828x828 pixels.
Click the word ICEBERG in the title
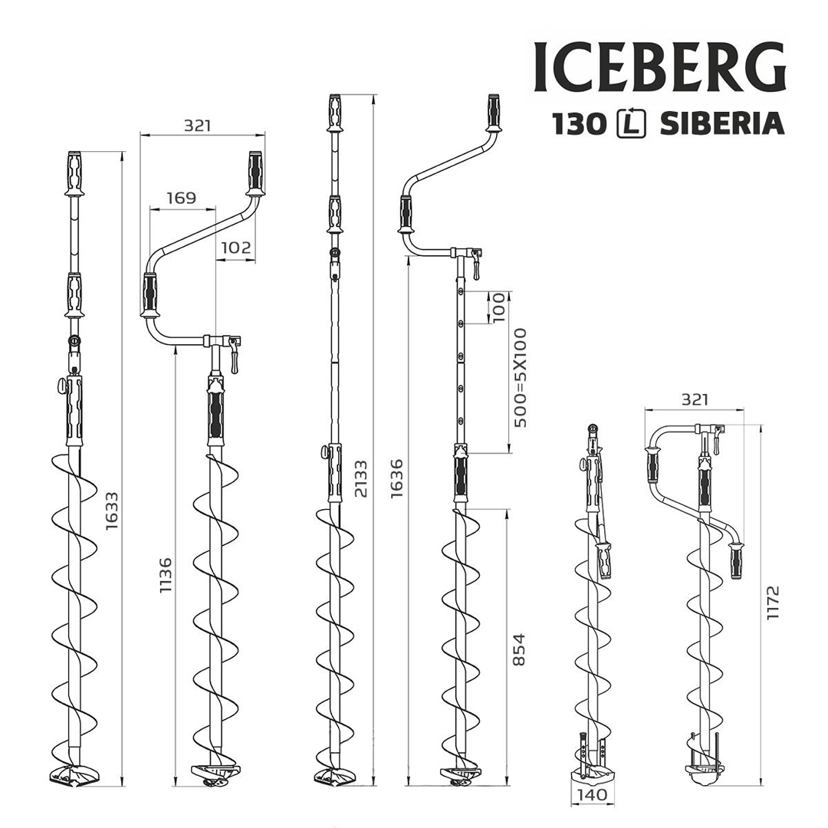point(659,67)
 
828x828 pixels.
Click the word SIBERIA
point(721,123)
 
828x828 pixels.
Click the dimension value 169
point(181,198)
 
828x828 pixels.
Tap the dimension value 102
point(235,247)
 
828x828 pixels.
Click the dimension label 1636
point(396,478)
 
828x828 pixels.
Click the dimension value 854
point(519,649)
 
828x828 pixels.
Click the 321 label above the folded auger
point(693,399)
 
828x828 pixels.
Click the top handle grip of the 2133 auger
point(335,113)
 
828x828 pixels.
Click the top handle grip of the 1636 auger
point(494,113)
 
